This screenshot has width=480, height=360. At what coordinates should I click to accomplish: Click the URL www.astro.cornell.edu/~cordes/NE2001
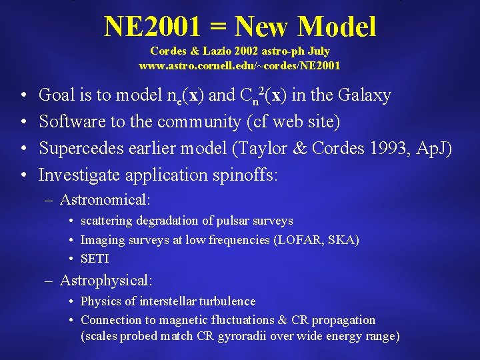point(239,65)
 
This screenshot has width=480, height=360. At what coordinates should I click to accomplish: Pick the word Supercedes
point(77,149)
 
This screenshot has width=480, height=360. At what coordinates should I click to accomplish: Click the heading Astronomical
point(105,199)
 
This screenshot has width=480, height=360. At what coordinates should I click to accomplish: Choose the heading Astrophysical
point(106,281)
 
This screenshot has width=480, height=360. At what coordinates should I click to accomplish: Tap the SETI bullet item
point(94,259)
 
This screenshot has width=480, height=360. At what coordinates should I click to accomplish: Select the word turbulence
point(223,301)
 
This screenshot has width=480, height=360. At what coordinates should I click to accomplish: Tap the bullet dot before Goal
point(23,96)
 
